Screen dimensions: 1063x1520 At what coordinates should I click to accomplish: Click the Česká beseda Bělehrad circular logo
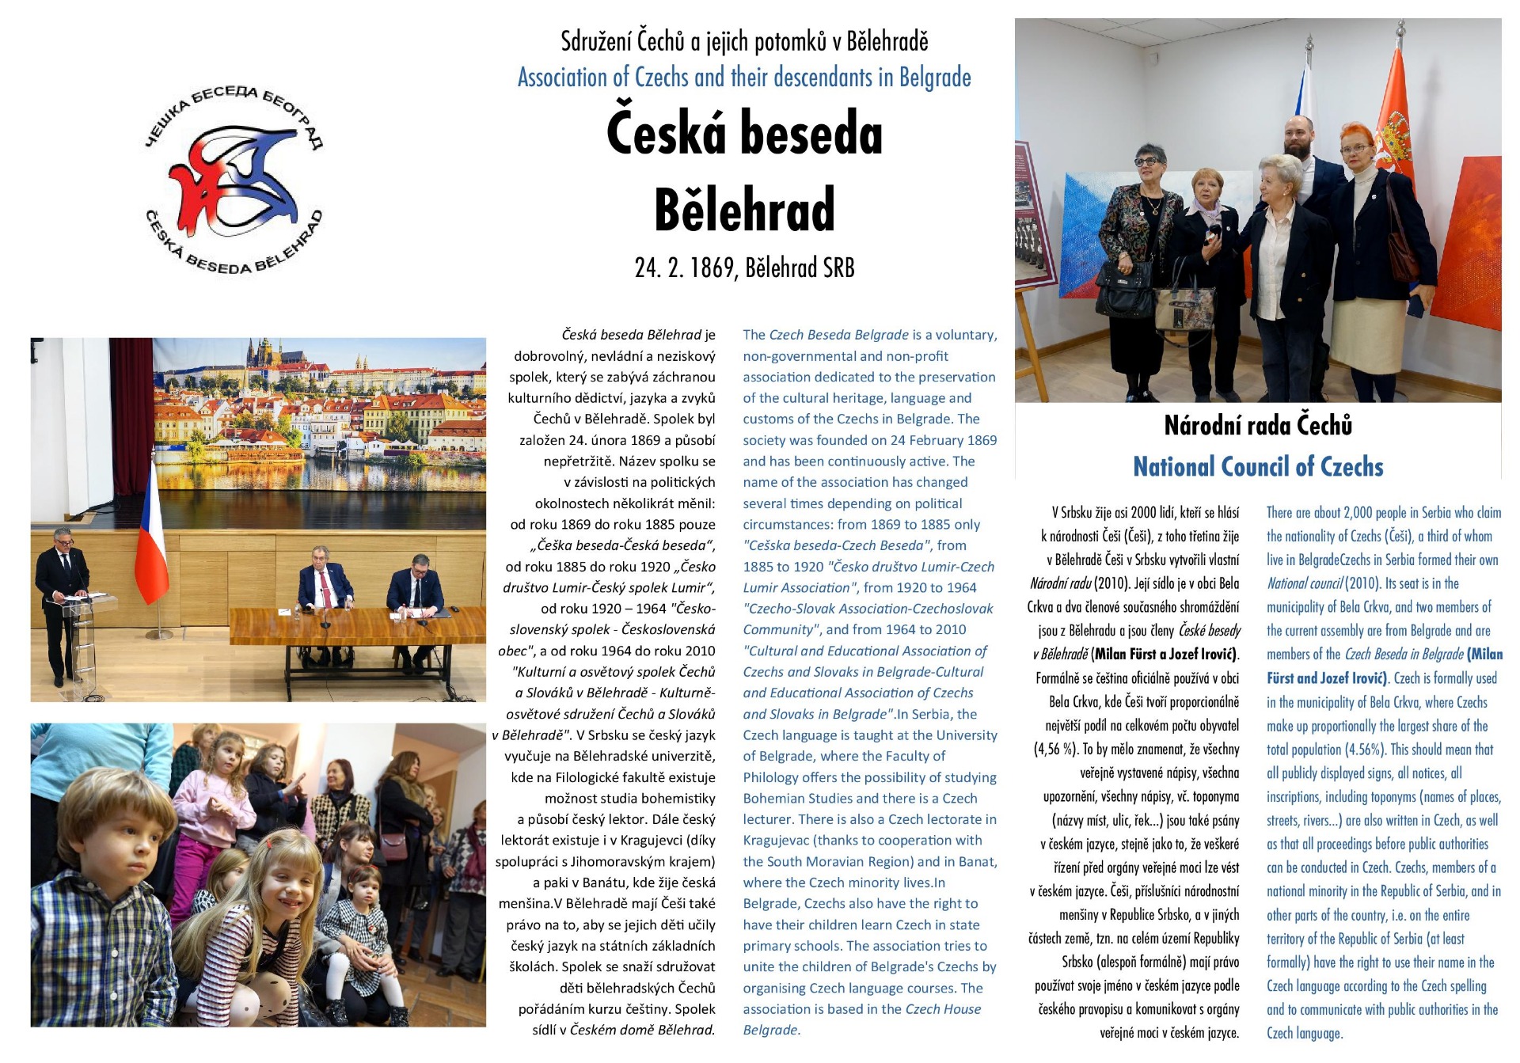coord(234,180)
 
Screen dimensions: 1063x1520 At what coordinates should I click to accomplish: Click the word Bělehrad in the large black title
coord(744,209)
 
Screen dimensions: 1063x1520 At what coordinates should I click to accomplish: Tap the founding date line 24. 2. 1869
coord(744,268)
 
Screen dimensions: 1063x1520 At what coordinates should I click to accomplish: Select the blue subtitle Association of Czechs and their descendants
coord(744,78)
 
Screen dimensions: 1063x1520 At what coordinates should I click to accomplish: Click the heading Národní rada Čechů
coord(1258,426)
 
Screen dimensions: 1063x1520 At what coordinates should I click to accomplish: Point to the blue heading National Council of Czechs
coord(1258,467)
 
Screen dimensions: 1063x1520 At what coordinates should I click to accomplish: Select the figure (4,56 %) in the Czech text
coord(1056,750)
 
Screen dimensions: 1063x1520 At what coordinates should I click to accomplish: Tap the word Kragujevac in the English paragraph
coord(772,841)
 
